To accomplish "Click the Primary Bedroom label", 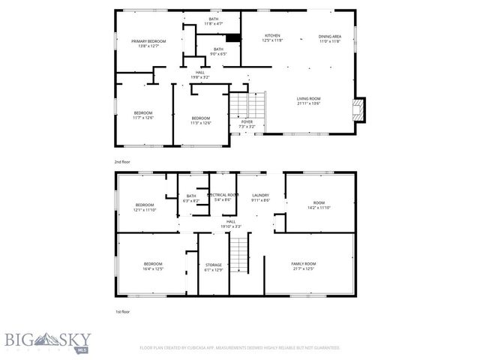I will coord(148,44).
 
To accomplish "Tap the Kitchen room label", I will coord(271,39).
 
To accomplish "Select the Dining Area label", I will coord(329,39).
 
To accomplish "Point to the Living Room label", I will coord(308,100).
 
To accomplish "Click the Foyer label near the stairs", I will coord(247,124).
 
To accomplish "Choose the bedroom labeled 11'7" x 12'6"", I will coord(142,115).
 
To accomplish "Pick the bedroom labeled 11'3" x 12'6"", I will coord(200,120).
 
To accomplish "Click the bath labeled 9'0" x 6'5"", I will coord(218,51).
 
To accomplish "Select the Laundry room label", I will coord(260,197).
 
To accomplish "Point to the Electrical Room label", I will coord(223,197).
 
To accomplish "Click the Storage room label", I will coord(214,268).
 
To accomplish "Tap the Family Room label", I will coord(304,266).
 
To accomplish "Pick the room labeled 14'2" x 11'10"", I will coord(319,204).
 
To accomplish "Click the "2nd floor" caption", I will coord(121,161).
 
